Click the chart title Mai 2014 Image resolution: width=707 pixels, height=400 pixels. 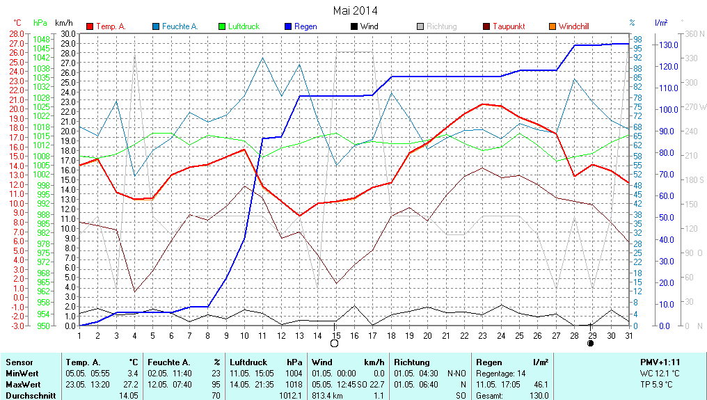(355, 10)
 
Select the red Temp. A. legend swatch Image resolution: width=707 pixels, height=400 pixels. (90, 26)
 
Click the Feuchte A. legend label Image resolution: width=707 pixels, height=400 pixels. (180, 26)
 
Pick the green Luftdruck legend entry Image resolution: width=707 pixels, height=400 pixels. (243, 26)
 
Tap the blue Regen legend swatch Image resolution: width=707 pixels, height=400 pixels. (288, 26)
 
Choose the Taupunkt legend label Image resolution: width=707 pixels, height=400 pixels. (509, 26)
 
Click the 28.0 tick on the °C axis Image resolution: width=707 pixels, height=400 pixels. (16, 33)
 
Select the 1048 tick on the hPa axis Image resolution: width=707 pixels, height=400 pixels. (41, 39)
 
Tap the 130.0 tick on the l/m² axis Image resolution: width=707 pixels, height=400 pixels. (669, 45)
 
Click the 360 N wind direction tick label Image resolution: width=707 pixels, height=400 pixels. (695, 33)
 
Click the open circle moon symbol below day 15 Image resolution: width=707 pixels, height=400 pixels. (335, 343)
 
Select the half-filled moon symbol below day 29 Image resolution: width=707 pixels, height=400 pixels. (591, 343)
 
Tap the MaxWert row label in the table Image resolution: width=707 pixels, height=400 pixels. (23, 384)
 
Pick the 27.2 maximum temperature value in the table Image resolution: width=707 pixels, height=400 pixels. (129, 384)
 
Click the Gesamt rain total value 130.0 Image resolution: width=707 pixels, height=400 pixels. (538, 395)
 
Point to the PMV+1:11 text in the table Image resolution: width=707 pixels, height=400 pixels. (660, 362)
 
